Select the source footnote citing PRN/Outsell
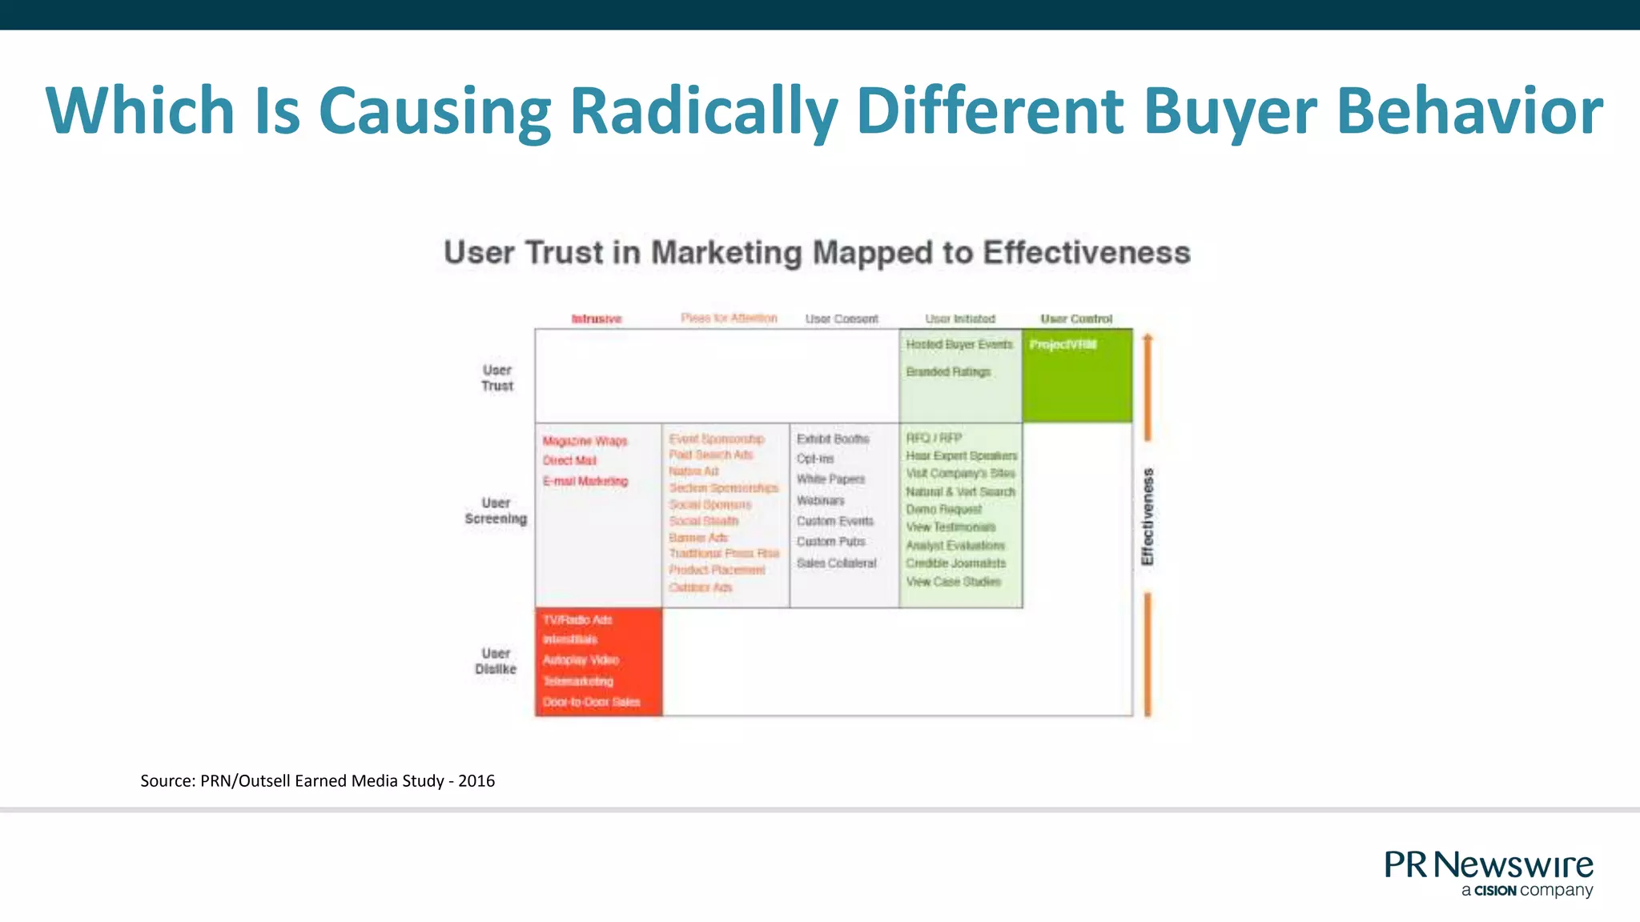[317, 780]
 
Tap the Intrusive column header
[596, 319]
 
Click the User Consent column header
[841, 319]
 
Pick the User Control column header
[1075, 319]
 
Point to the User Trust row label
[496, 378]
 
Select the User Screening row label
[496, 511]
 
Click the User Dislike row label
[496, 661]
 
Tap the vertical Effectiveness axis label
[1148, 517]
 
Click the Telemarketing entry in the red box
[577, 681]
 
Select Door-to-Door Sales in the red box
[591, 702]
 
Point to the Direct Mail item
[569, 460]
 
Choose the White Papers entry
[830, 479]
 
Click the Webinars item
[820, 500]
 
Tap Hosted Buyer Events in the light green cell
[959, 344]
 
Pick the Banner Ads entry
[698, 537]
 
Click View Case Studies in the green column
[953, 582]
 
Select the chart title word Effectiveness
[1086, 252]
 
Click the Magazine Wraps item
[585, 441]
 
